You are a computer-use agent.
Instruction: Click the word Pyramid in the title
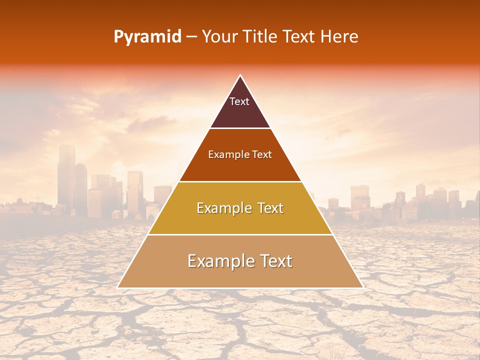coord(147,37)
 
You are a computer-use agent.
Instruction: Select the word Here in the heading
coord(340,37)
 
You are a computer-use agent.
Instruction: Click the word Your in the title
coord(219,37)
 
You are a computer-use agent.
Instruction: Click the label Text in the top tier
coord(239,101)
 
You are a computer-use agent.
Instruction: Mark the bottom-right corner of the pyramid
coord(362,287)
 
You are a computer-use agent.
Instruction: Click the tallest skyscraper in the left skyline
coord(66,175)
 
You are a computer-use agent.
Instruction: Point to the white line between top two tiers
coord(240,128)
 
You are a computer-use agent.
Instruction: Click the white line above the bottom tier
coord(240,234)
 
